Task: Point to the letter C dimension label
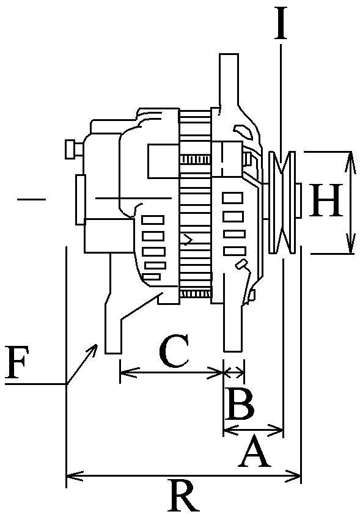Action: coord(174,352)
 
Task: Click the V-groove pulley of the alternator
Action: coord(282,202)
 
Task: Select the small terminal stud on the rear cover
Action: coord(72,148)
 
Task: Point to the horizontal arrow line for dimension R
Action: coord(183,475)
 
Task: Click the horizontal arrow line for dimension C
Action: coord(171,370)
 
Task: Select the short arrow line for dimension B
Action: coord(235,370)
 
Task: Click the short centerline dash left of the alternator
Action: coord(31,199)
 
